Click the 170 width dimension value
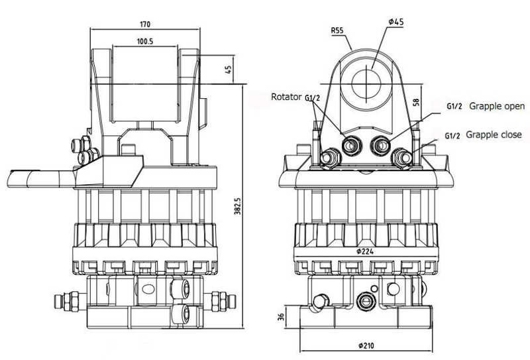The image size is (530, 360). tap(145, 25)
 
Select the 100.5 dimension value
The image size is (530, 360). tap(145, 41)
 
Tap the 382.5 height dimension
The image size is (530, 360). tap(238, 206)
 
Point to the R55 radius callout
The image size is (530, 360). tap(337, 30)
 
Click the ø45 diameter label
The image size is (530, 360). tap(396, 22)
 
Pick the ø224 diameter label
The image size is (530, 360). tap(365, 251)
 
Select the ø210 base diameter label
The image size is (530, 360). tap(366, 345)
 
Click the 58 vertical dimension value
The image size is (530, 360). tap(417, 102)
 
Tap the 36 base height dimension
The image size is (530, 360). tap(281, 317)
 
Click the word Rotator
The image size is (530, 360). tap(286, 97)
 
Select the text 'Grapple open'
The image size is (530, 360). tap(497, 106)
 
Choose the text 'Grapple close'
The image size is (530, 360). tap(494, 135)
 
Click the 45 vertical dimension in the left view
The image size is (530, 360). tap(229, 70)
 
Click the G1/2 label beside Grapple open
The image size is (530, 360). tap(454, 106)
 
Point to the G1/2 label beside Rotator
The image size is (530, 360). tap(312, 98)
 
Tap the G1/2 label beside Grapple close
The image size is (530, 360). tap(452, 136)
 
